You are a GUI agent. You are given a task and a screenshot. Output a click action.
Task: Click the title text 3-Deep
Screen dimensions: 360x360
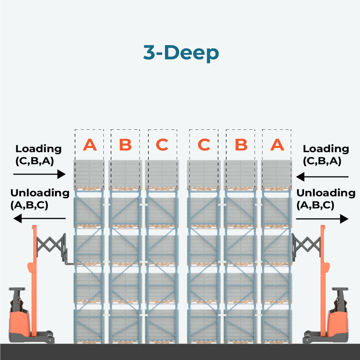click(x=181, y=53)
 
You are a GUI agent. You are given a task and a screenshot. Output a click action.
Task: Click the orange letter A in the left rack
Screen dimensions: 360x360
click(x=90, y=144)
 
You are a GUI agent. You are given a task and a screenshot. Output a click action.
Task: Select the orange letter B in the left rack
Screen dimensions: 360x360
click(x=125, y=144)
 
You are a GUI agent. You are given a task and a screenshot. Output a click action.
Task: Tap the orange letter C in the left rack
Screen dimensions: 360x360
click(x=162, y=144)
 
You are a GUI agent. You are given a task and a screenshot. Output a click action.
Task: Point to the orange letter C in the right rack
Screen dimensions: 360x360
click(x=204, y=144)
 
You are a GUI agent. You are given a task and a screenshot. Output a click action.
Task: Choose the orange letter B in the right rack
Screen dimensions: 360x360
click(x=241, y=144)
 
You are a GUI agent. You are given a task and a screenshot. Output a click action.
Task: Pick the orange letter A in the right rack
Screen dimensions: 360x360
click(x=277, y=144)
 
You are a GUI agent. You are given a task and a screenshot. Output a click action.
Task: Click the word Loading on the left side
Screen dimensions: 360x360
click(x=39, y=149)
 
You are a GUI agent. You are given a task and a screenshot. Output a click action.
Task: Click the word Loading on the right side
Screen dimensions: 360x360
click(x=326, y=149)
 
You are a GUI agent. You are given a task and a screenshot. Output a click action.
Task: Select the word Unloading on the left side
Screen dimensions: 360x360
click(x=40, y=193)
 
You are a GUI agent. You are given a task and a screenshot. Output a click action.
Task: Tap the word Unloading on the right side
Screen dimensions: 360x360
click(x=326, y=193)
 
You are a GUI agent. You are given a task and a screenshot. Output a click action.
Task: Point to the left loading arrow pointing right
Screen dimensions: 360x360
click(x=39, y=174)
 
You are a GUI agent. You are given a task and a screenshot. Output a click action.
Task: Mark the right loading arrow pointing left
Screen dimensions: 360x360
click(x=322, y=177)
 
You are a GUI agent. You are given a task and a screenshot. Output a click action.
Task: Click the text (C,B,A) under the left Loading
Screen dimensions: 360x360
click(x=34, y=161)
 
